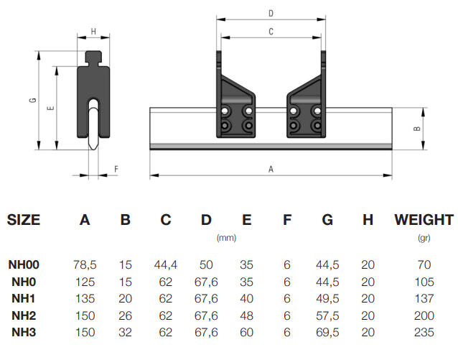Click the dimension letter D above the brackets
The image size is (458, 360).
(271, 13)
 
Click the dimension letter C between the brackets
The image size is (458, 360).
(271, 32)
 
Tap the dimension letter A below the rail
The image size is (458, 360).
(271, 170)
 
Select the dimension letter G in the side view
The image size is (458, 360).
(33, 100)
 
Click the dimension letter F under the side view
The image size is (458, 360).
(116, 169)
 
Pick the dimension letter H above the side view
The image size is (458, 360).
(93, 32)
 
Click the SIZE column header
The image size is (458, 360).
(24, 220)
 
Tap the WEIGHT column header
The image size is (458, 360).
(424, 220)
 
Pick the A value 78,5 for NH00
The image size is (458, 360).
(85, 265)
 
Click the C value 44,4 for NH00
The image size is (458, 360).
(166, 265)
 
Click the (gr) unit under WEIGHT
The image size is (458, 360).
(424, 237)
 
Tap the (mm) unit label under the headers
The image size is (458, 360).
(226, 237)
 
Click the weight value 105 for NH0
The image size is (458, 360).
(424, 282)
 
